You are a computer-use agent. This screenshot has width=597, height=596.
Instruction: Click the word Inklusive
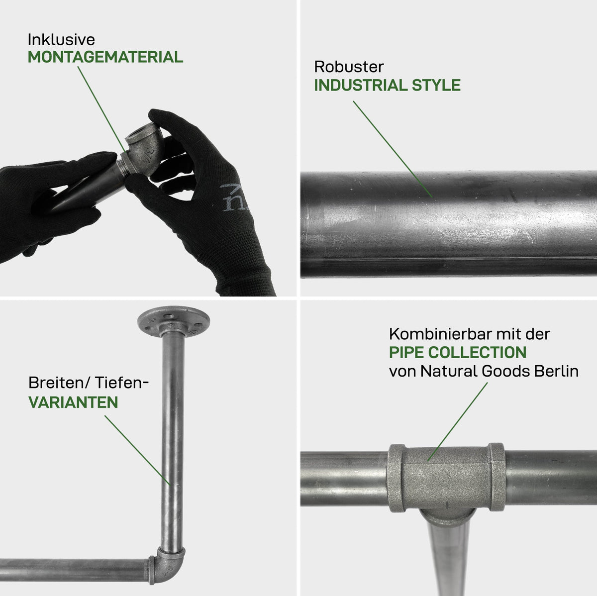click(x=61, y=40)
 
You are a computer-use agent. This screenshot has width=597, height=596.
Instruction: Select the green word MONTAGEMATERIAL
click(x=105, y=57)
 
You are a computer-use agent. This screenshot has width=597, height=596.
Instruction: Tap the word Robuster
click(x=349, y=67)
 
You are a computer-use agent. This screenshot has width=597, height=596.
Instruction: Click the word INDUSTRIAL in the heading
click(x=360, y=85)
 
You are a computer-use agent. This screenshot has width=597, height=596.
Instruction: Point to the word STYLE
click(x=436, y=85)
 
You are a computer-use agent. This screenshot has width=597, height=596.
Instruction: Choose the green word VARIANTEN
click(x=73, y=402)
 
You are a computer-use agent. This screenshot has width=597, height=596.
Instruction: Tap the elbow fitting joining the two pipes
click(x=167, y=565)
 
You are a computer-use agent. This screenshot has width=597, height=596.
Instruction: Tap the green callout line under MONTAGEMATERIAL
click(x=102, y=109)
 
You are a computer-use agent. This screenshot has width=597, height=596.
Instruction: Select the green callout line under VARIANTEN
click(x=137, y=450)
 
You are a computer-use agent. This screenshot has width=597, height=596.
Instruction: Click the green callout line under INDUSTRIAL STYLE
click(x=393, y=149)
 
